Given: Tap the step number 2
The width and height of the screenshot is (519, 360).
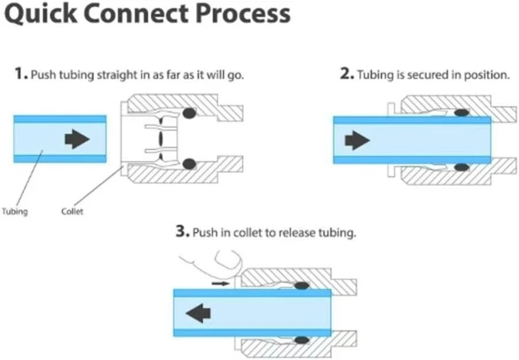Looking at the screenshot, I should click(x=346, y=75).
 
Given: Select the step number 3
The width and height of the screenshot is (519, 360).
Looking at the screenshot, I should click(x=181, y=233).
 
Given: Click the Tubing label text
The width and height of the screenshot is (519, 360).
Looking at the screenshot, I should click(x=14, y=211).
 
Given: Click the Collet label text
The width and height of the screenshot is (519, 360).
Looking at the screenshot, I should click(x=72, y=211).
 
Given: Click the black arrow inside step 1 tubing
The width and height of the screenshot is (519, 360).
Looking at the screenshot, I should click(x=77, y=139).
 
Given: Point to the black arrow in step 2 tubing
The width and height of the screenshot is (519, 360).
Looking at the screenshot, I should click(x=357, y=140).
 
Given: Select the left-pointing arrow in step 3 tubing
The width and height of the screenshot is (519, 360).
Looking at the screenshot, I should click(x=198, y=313).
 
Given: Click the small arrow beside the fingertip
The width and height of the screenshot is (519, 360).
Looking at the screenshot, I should click(x=220, y=283).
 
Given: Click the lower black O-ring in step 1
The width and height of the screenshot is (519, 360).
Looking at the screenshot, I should click(x=189, y=165).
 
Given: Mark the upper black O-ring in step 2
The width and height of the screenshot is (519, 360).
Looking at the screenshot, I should click(x=461, y=113).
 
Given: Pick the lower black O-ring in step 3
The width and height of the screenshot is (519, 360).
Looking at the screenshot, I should click(x=301, y=340).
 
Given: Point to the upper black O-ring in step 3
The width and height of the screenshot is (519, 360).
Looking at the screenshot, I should click(x=301, y=286).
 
